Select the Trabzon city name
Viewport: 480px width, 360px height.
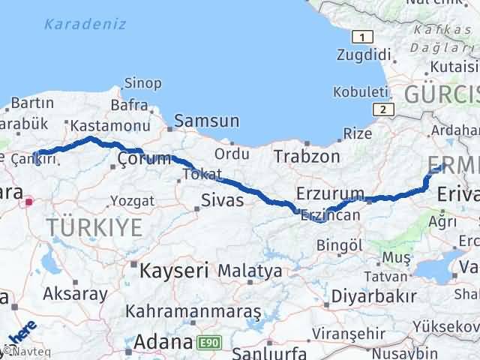click(x=306, y=157)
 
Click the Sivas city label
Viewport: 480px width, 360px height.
click(x=222, y=200)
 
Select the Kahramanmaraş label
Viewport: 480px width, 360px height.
click(x=193, y=310)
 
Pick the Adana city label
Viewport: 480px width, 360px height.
click(x=161, y=343)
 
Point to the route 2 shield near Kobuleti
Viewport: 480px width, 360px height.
click(x=385, y=109)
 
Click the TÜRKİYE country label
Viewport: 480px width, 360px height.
click(x=94, y=227)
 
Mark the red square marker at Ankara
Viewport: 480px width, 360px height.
click(x=29, y=201)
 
